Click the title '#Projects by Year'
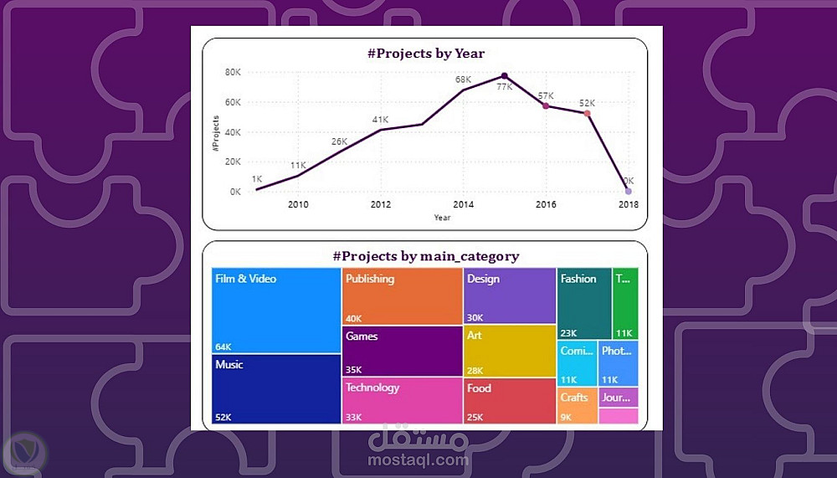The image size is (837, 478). pos(425,54)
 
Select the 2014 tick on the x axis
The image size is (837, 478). pos(463,204)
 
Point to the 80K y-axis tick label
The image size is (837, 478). pos(233,72)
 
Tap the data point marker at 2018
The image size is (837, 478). pos(629,192)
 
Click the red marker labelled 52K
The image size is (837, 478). pos(587,114)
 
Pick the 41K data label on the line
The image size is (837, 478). pos(381,121)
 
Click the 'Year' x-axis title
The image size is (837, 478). pos(442,218)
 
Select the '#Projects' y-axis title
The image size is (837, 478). pos(215,131)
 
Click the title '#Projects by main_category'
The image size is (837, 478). pos(425,256)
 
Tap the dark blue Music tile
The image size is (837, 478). pos(276,389)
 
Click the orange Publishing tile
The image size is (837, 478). pos(403,297)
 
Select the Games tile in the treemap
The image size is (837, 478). pos(403,352)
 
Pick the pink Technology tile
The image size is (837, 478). pos(403,401)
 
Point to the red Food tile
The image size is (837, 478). pos(510,401)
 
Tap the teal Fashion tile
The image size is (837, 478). pos(584,303)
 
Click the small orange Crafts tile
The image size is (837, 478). pos(577,404)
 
